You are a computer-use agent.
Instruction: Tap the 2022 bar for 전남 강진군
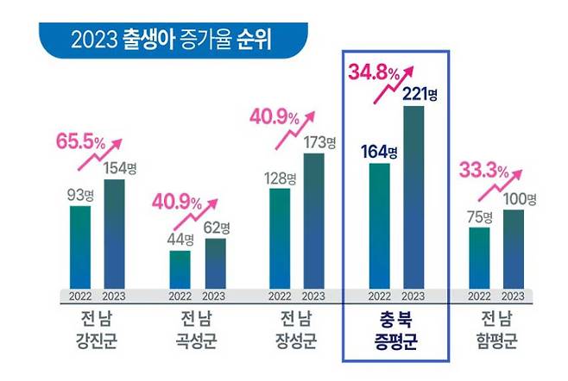[x=80, y=247]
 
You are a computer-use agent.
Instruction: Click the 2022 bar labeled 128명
[x=280, y=238]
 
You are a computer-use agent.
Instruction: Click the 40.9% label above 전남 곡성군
[x=176, y=204]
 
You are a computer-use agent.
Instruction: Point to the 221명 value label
[x=420, y=93]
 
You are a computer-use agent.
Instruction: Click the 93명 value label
[x=80, y=195]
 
